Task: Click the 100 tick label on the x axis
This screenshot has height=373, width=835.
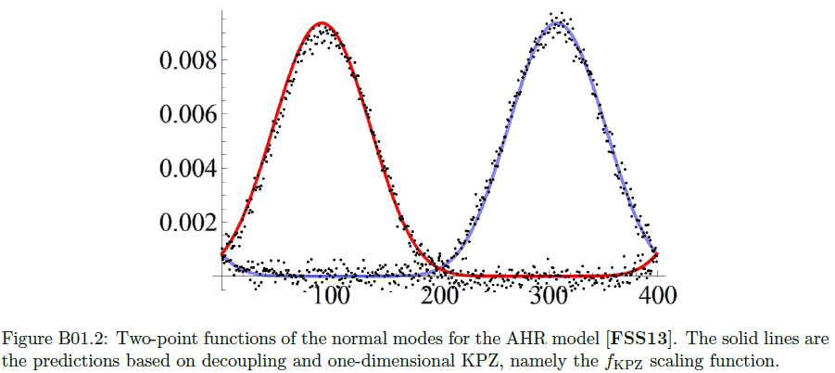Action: pyautogui.click(x=330, y=295)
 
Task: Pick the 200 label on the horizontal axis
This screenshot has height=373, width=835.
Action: pyautogui.click(x=439, y=295)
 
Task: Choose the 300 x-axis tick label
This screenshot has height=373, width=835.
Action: pyautogui.click(x=549, y=295)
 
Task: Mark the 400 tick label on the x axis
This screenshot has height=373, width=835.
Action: pyautogui.click(x=657, y=295)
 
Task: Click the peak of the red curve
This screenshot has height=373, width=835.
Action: pyautogui.click(x=322, y=23)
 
